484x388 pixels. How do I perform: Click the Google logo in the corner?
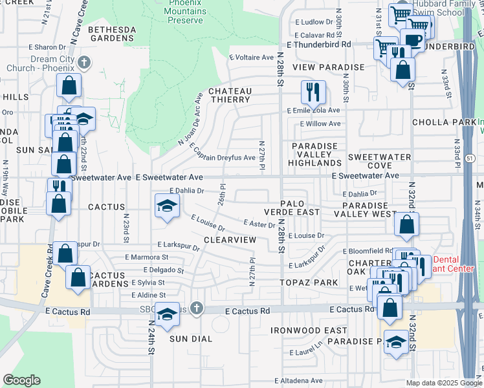(x=22, y=380)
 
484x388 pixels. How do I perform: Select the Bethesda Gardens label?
(x=112, y=34)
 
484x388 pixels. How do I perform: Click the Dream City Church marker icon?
(x=83, y=63)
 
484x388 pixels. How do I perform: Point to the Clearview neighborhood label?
(x=230, y=239)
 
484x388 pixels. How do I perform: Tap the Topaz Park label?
(x=309, y=283)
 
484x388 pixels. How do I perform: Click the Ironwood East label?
(x=309, y=330)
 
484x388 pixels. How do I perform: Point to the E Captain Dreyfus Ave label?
(x=223, y=156)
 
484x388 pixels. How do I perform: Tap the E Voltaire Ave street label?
(x=252, y=58)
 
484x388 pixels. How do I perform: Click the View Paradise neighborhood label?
(x=328, y=67)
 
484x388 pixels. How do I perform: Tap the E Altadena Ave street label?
(x=300, y=380)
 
